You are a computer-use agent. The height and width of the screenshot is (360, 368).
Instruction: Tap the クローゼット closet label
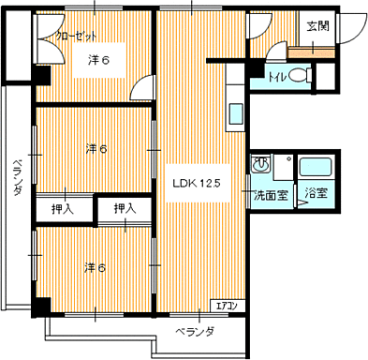click(x=76, y=37)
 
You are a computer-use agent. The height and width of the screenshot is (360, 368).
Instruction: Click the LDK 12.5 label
click(x=194, y=184)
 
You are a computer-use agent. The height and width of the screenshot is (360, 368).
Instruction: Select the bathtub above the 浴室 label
click(x=316, y=170)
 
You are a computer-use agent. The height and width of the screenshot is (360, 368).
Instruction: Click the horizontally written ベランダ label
click(x=195, y=332)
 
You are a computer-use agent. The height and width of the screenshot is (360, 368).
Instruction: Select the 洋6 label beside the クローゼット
click(x=99, y=61)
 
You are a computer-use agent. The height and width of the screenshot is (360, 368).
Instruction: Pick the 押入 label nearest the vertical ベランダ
click(x=64, y=208)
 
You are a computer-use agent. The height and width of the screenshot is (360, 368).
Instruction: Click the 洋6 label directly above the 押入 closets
click(x=96, y=148)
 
